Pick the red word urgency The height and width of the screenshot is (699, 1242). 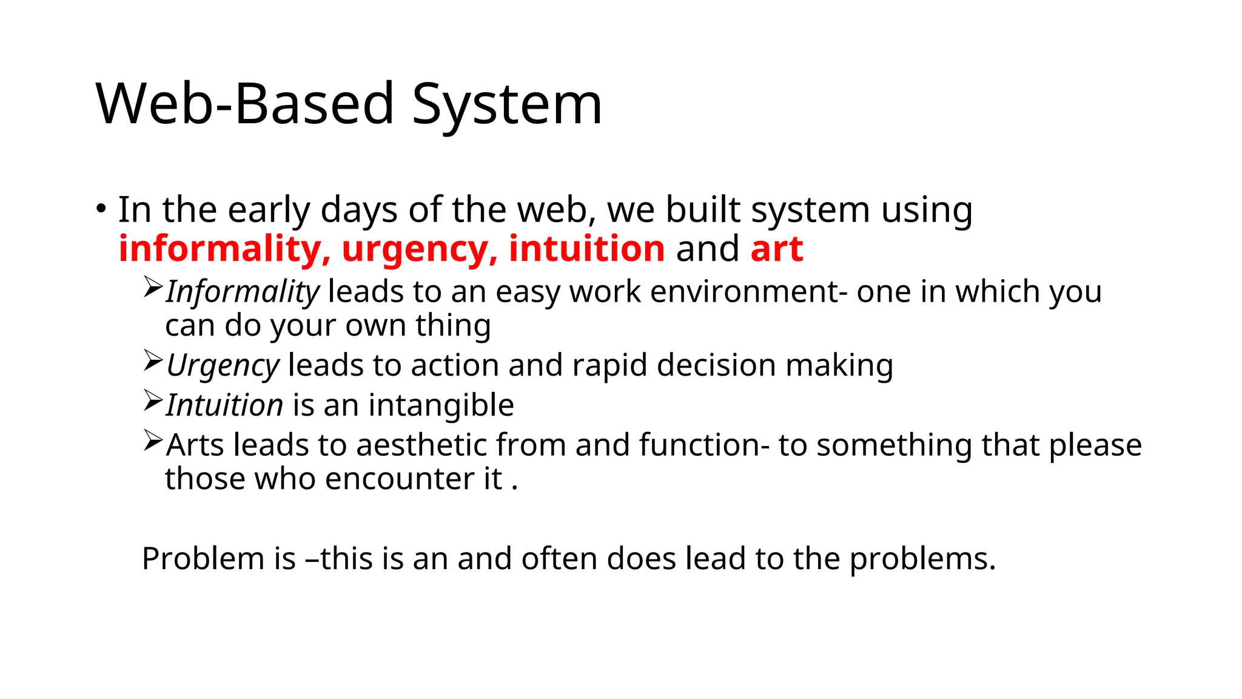[x=419, y=250]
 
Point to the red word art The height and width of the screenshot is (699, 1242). [x=776, y=249]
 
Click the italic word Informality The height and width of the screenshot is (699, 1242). [x=242, y=292]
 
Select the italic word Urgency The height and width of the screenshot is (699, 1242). [x=223, y=366]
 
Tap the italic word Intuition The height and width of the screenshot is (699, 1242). [x=224, y=405]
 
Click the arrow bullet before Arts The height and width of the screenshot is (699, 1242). [x=153, y=441]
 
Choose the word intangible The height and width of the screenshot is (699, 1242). [x=441, y=405]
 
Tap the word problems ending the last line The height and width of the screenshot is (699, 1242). [x=921, y=559]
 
